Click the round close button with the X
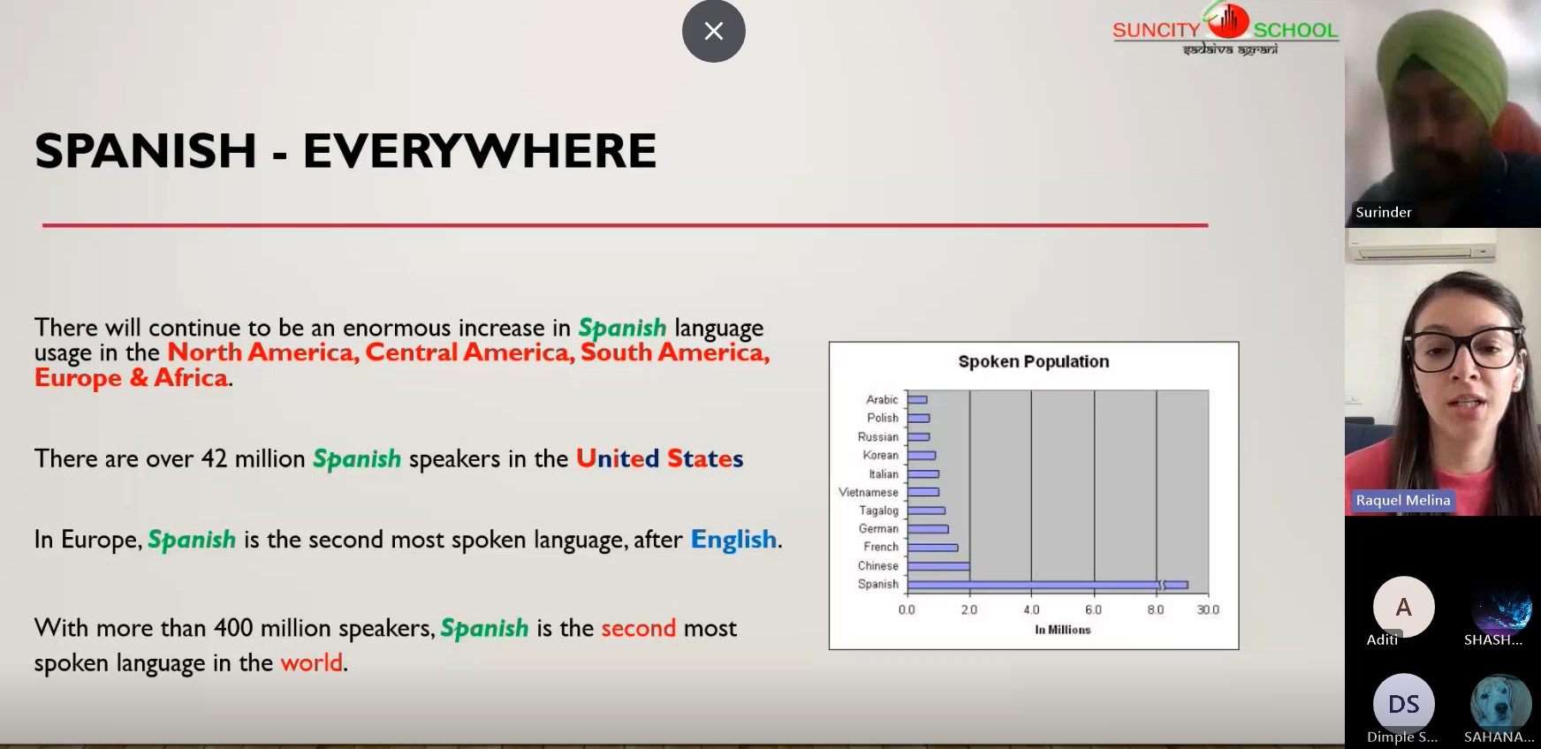click(x=714, y=31)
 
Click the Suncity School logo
click(x=1226, y=30)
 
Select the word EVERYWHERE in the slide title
click(x=480, y=150)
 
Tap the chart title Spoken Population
click(x=1034, y=361)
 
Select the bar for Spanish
click(x=1048, y=585)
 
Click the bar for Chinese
click(x=938, y=566)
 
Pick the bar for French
click(x=932, y=548)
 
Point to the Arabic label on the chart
click(x=882, y=399)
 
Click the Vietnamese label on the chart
click(x=869, y=492)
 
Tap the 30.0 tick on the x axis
click(x=1208, y=609)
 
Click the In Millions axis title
click(x=1063, y=630)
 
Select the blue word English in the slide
click(x=733, y=539)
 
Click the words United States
click(x=660, y=458)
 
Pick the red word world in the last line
click(x=311, y=662)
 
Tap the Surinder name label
click(x=1384, y=212)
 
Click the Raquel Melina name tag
click(x=1403, y=500)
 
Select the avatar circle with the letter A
click(x=1403, y=607)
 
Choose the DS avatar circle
click(x=1403, y=704)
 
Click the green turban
click(x=1441, y=55)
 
